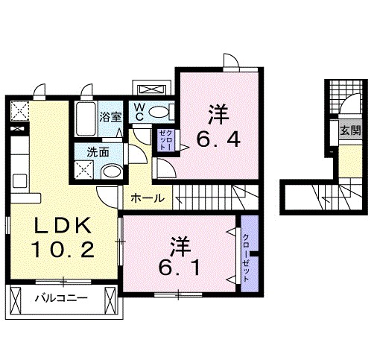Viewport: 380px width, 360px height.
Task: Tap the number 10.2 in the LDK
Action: click(x=63, y=250)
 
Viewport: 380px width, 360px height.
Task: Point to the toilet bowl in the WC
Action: click(x=159, y=113)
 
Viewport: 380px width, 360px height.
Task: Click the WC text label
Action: click(x=139, y=112)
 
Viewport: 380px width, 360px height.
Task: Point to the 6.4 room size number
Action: click(x=218, y=139)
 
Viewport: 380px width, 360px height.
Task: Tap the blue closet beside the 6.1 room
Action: click(x=246, y=257)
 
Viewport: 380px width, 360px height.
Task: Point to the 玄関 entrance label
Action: click(x=350, y=130)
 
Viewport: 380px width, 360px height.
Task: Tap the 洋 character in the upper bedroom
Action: click(x=218, y=114)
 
